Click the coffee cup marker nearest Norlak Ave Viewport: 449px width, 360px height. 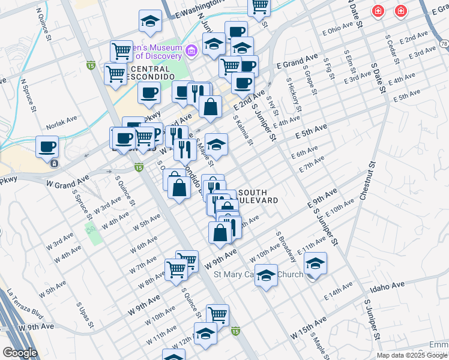pos(47,146)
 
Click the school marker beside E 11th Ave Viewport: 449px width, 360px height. pos(315,263)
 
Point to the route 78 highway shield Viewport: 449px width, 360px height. pos(444,43)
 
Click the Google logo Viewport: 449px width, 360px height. pos(20,352)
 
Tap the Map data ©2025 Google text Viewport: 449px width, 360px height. pos(411,355)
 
